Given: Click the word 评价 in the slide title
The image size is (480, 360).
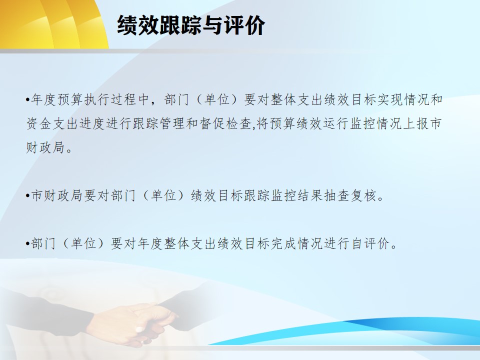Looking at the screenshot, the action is click(x=244, y=25).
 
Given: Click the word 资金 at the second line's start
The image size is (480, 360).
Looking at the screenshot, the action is click(x=38, y=123).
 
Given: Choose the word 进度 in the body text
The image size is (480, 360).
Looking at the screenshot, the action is click(x=92, y=123).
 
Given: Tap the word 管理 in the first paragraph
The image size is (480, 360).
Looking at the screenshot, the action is click(x=172, y=123).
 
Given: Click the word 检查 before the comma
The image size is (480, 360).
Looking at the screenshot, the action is click(x=239, y=123).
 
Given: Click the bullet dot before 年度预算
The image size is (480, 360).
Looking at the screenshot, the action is click(x=28, y=100).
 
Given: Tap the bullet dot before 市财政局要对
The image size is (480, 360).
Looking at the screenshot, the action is click(x=28, y=195).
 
